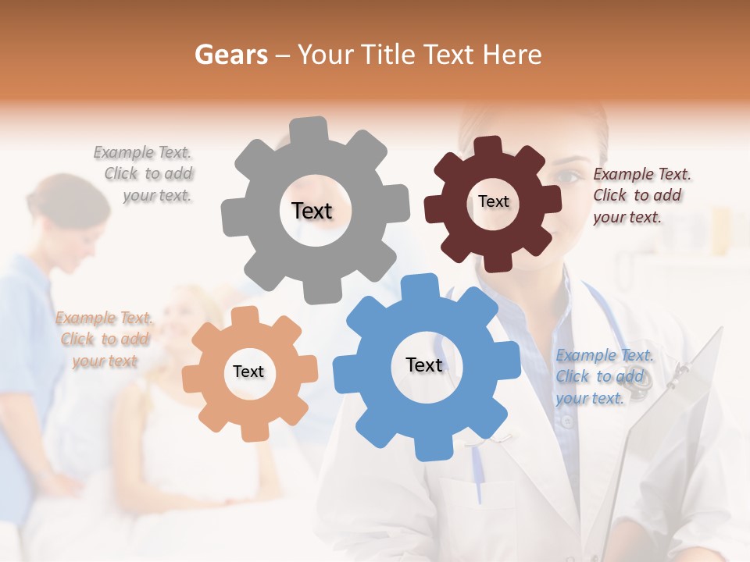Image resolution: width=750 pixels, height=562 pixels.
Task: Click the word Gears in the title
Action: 230,55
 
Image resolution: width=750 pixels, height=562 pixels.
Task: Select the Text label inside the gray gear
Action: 312,211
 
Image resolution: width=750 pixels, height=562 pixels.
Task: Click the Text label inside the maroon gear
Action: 493,201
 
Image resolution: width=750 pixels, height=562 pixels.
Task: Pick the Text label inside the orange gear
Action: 248,372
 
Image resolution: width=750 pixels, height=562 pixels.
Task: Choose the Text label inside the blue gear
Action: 424,365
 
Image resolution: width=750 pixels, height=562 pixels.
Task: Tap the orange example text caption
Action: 104,339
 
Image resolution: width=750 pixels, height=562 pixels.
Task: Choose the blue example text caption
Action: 605,376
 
